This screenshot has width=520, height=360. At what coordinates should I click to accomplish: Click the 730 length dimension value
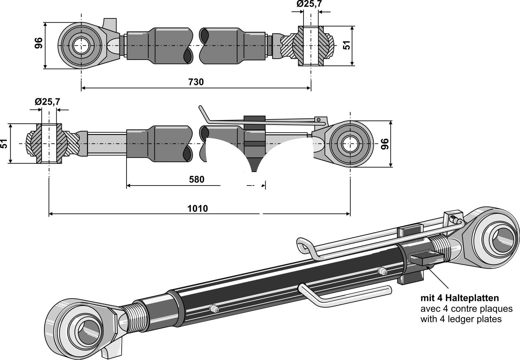196,82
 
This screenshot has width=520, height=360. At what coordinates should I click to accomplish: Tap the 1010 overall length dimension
198,208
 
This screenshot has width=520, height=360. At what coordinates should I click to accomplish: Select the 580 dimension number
196,179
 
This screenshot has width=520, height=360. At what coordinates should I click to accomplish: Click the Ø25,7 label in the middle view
48,102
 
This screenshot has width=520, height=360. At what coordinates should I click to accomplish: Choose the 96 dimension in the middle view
385,144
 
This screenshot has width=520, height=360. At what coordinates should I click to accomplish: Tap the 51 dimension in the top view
347,45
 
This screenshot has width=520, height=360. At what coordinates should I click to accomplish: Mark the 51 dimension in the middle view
4,143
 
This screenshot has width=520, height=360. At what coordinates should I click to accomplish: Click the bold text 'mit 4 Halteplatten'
459,298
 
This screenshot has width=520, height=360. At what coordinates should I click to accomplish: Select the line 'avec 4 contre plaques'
466,309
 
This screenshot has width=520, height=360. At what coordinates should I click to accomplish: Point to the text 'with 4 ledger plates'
461,319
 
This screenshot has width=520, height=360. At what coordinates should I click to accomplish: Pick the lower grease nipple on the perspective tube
213,309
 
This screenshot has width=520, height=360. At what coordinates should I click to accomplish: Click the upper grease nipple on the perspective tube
382,271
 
